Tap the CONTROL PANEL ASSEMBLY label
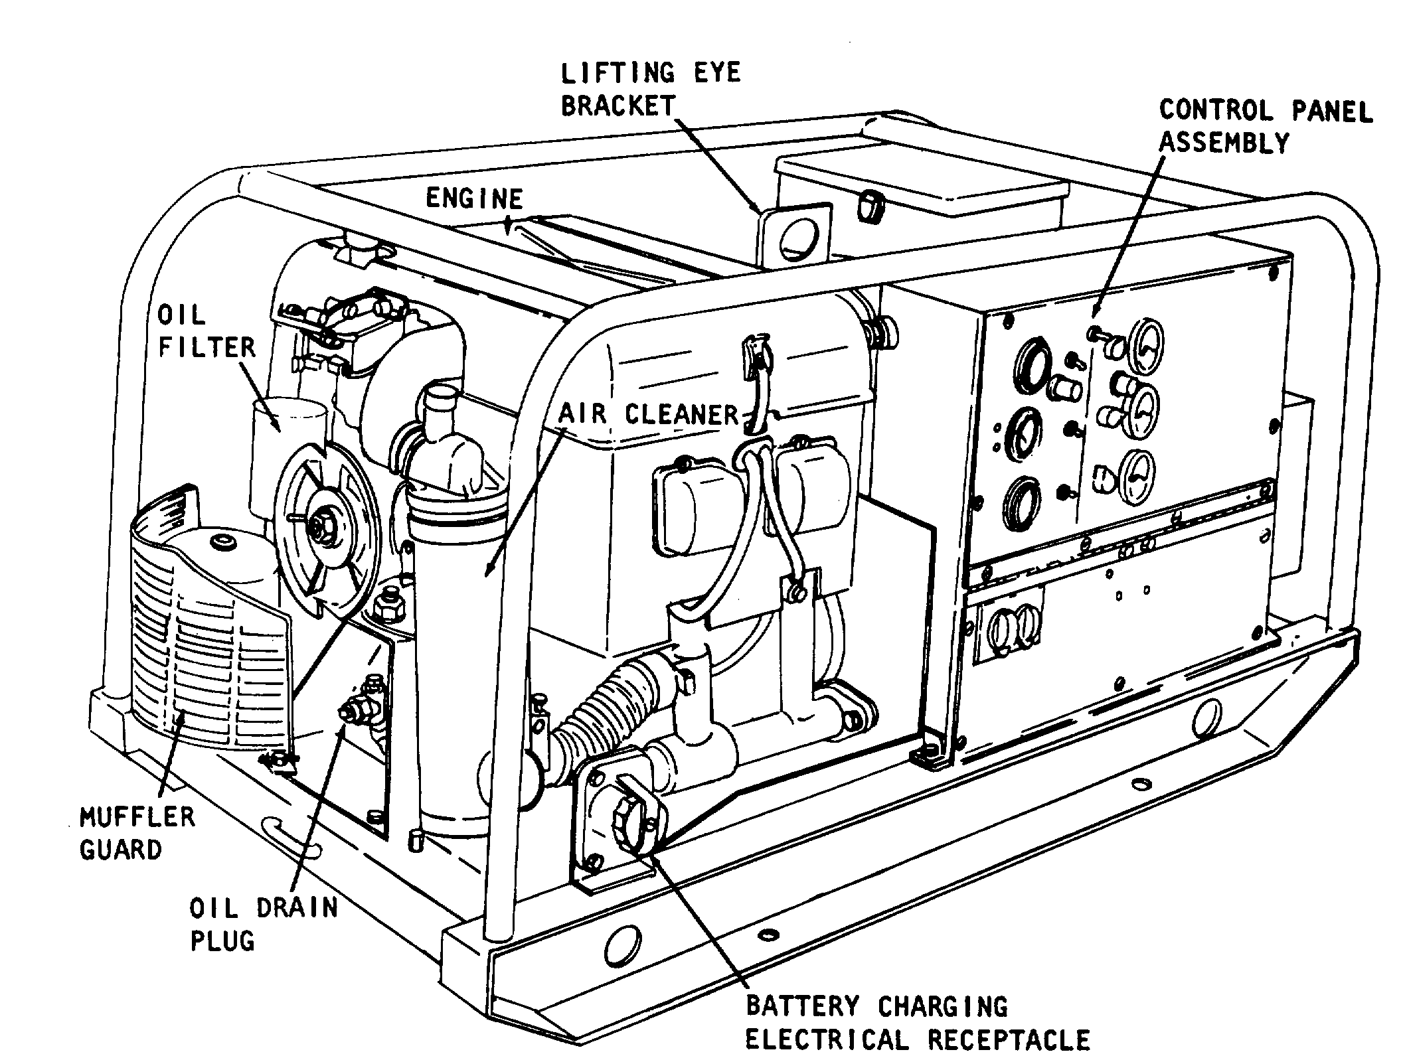click(x=1265, y=126)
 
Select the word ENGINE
click(x=474, y=198)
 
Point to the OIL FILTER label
click(x=206, y=331)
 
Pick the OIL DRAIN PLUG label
click(x=263, y=924)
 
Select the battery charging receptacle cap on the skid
click(x=627, y=820)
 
